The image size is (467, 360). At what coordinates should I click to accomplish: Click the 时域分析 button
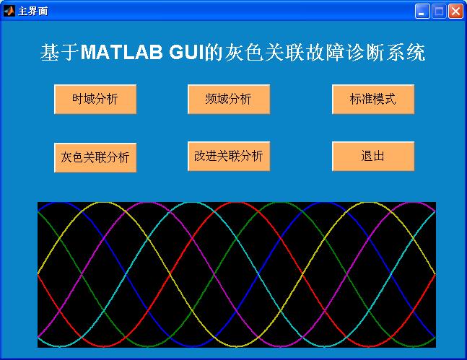pos(95,99)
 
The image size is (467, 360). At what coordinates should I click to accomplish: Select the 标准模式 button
pos(373,99)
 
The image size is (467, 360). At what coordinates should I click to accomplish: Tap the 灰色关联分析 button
pos(95,157)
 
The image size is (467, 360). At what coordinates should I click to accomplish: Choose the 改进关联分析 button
pos(229,157)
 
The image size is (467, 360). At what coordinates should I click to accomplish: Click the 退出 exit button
pos(373,157)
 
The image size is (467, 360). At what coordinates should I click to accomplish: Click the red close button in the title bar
pos(455,12)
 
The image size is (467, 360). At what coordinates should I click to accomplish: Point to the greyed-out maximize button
pos(439,12)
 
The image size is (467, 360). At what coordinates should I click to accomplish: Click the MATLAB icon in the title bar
pos(9,11)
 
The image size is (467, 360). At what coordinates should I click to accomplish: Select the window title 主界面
pos(33,12)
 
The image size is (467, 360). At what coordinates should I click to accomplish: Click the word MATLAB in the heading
pos(121,52)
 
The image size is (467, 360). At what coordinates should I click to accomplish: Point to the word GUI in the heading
pos(187,52)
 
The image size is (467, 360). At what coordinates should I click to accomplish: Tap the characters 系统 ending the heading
pos(406,53)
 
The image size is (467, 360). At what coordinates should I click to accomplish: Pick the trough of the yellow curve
pos(237,346)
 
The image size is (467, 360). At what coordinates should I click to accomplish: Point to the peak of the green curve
pos(281,203)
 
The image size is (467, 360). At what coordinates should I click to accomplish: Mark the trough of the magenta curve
pos(281,346)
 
